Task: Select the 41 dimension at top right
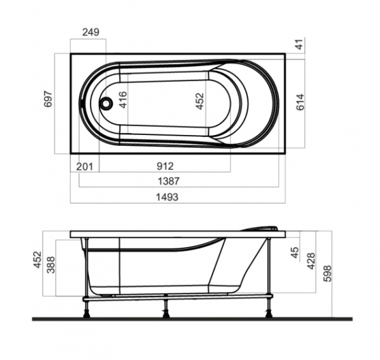pos(300,44)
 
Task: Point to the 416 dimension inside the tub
pos(123,101)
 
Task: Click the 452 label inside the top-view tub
pos(199,102)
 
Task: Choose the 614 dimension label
pos(301,103)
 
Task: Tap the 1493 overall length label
pos(167,197)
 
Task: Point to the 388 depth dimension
pos(52,265)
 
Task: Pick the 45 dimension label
pos(294,252)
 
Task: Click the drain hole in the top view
pos(108,101)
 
